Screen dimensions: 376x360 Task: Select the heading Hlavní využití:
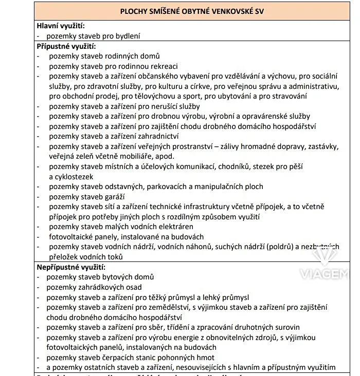61,26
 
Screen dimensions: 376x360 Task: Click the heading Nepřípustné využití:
71,267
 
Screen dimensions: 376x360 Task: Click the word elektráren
174,227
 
